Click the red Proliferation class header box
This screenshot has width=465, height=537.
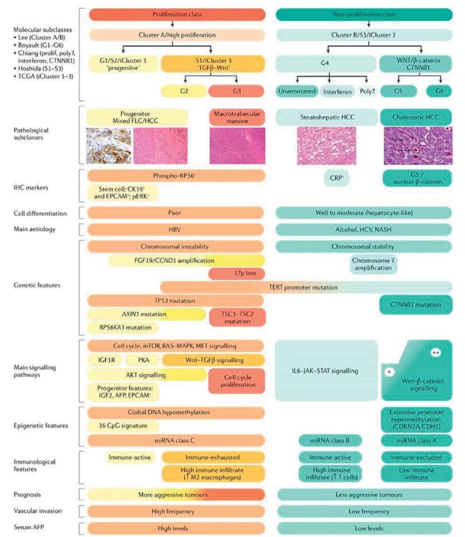click(x=177, y=14)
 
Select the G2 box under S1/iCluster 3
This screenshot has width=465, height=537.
click(x=184, y=91)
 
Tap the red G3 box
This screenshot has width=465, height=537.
click(x=237, y=91)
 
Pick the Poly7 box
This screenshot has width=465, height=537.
click(x=367, y=91)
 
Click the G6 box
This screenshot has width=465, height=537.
click(x=439, y=91)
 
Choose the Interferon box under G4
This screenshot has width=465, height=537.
click(x=337, y=92)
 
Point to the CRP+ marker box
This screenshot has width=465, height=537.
click(x=337, y=178)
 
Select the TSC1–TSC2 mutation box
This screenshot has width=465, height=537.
click(x=237, y=318)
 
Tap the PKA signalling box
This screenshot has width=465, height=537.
click(x=143, y=360)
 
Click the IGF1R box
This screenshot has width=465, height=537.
click(x=106, y=360)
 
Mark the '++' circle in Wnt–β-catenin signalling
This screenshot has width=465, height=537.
click(x=436, y=352)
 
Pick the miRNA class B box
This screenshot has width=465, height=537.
click(x=330, y=440)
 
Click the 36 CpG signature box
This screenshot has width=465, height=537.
click(x=123, y=426)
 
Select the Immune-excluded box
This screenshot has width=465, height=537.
click(x=416, y=457)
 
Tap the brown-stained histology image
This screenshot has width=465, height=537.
click(x=109, y=145)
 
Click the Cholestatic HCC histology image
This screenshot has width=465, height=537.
click(x=418, y=145)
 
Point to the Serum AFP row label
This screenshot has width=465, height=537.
click(x=29, y=527)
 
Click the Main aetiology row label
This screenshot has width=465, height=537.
click(x=35, y=229)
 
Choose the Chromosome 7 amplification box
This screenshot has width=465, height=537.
click(x=374, y=264)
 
